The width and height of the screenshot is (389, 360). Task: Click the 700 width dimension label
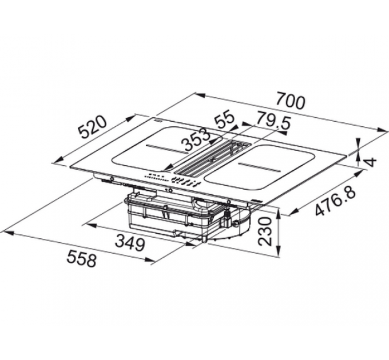[x=290, y=102]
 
